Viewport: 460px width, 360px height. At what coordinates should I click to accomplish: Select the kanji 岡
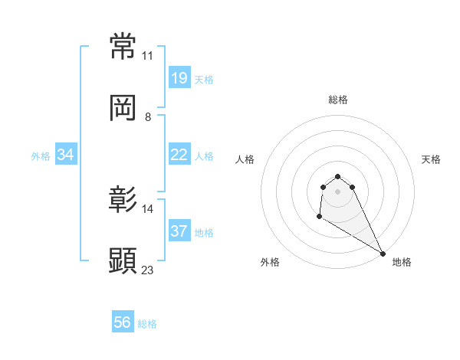click(x=123, y=108)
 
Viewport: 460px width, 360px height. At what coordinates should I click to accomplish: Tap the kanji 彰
click(x=123, y=199)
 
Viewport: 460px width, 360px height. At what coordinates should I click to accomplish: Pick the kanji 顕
click(x=123, y=260)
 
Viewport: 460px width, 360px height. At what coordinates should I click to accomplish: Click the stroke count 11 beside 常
click(x=148, y=56)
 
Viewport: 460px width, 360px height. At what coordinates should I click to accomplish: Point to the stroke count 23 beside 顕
click(x=148, y=270)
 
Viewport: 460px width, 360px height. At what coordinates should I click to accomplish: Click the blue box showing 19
click(x=179, y=77)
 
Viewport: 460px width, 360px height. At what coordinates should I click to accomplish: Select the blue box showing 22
click(x=179, y=155)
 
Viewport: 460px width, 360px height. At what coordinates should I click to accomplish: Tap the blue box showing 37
click(x=179, y=231)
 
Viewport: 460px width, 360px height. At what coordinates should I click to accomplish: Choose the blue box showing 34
click(x=66, y=155)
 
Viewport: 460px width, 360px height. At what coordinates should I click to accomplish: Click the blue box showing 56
click(x=123, y=322)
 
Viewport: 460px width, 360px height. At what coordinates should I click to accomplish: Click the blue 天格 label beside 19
click(x=204, y=79)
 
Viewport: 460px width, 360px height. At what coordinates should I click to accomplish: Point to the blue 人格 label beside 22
click(x=204, y=156)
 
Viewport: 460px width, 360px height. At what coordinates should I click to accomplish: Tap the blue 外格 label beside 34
click(x=41, y=156)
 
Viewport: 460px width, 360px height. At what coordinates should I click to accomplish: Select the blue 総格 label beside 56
click(x=147, y=324)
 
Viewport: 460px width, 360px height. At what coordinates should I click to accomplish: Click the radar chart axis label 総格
click(x=338, y=100)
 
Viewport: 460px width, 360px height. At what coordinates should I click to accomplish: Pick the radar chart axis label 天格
click(x=432, y=159)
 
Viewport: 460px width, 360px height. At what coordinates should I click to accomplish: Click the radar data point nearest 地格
click(x=383, y=254)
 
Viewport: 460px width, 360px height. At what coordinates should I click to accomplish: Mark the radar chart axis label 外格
click(x=270, y=262)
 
